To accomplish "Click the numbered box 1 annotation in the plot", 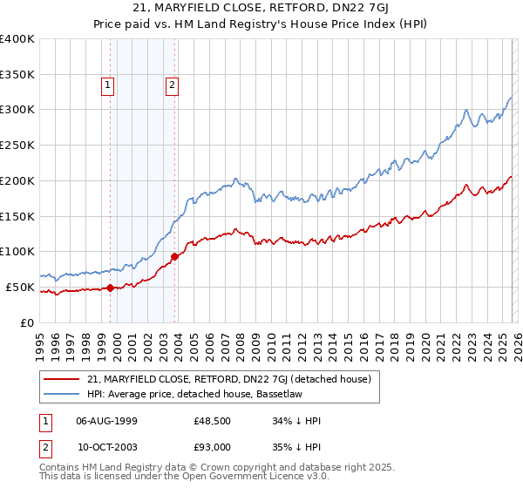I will pyautogui.click(x=106, y=85).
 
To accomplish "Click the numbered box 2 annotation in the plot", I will pyautogui.click(x=172, y=85).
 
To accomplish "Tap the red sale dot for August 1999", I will pyautogui.click(x=111, y=288).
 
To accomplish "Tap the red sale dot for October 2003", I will pyautogui.click(x=175, y=256).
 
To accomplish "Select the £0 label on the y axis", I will pyautogui.click(x=28, y=322).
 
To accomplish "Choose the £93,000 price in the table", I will pyautogui.click(x=213, y=447).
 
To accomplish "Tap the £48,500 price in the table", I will pyautogui.click(x=213, y=421).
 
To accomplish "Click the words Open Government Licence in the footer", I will pyautogui.click(x=247, y=477).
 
